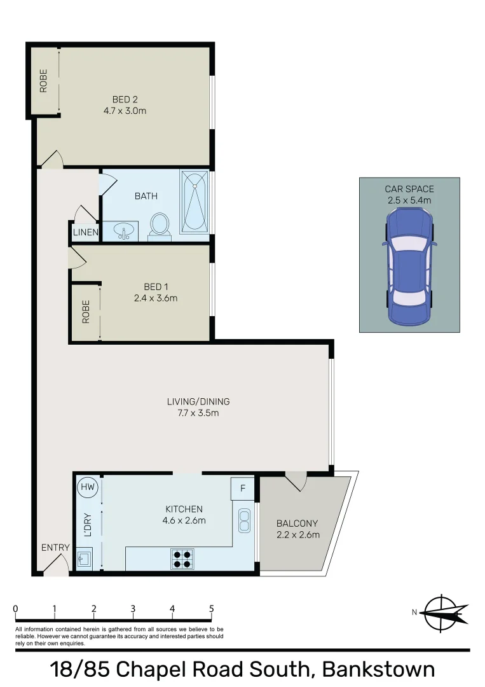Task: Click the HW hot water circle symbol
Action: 88,488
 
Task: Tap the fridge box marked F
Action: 242,489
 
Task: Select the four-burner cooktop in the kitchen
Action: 182,559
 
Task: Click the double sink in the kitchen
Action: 244,520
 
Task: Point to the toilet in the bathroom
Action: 160,226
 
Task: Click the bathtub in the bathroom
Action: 194,201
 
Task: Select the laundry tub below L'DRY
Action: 84,560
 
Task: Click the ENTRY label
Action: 55,548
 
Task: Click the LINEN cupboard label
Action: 85,233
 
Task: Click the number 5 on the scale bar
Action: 211,609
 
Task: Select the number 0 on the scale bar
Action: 15,609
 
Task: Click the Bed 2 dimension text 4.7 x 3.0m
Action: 125,111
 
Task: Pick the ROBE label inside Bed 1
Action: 86,312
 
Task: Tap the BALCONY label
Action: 297,524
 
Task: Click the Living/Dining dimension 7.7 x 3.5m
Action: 198,413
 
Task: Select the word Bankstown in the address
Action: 379,669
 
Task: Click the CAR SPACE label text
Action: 409,189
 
